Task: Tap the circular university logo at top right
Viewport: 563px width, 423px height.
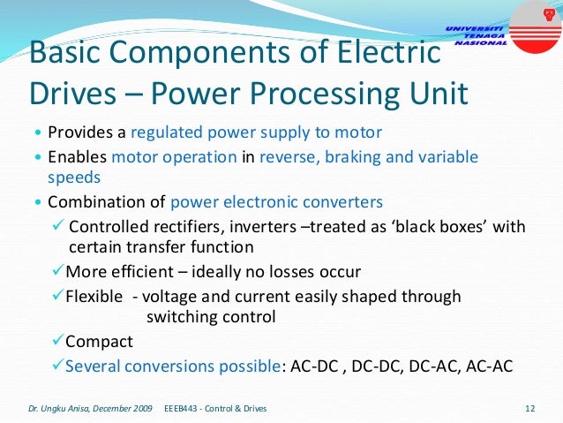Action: [x=536, y=23]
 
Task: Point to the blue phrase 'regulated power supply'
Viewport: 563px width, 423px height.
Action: [x=202, y=133]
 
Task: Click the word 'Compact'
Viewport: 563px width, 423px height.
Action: [x=99, y=341]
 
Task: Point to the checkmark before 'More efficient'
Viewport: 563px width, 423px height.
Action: [x=57, y=271]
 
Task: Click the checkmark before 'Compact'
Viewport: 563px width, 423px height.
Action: [x=57, y=341]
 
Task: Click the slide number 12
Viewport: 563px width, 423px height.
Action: [x=530, y=408]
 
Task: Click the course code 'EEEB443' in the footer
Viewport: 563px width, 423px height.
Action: [x=183, y=408]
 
